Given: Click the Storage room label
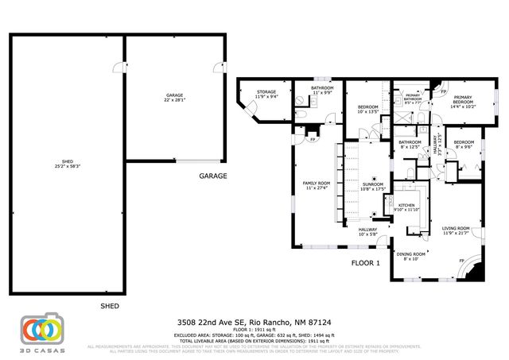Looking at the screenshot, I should coord(266,95).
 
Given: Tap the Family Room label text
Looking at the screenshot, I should coord(316,185).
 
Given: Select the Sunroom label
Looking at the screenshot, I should coord(372,186).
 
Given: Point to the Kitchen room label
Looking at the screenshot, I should coord(406,207).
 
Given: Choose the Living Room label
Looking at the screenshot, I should coord(456,230).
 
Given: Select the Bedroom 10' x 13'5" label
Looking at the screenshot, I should coord(367,109).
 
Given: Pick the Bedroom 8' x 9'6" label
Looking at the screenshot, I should coord(463,145).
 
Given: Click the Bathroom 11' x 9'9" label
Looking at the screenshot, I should coord(322,91).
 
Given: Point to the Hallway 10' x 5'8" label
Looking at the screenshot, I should coord(367,231).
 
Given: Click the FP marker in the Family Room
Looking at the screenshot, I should coord(313,140).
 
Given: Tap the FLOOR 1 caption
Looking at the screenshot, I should coord(366,262).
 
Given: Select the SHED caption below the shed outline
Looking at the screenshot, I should coord(110,305).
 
